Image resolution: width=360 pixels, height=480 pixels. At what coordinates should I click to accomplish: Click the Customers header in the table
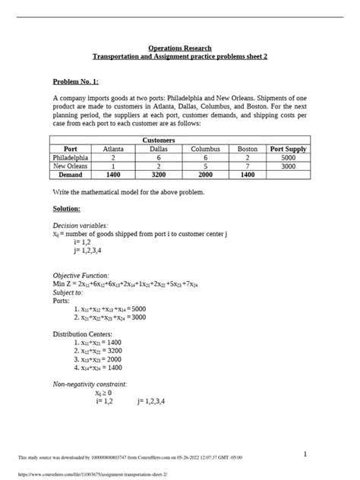pyautogui.click(x=179, y=141)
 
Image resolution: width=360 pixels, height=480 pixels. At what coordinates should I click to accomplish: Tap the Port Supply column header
pyautogui.click(x=288, y=149)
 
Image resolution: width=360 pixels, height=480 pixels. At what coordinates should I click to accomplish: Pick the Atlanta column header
pyautogui.click(x=112, y=149)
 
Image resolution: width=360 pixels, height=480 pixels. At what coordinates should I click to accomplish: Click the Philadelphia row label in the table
pyautogui.click(x=73, y=157)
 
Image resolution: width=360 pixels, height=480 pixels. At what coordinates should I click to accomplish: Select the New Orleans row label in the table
pyautogui.click(x=73, y=165)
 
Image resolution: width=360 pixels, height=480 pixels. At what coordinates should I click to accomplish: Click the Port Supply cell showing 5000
pyautogui.click(x=288, y=157)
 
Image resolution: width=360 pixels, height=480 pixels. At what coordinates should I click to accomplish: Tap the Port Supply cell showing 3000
pyautogui.click(x=288, y=165)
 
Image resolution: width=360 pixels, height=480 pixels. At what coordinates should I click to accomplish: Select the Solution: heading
pyautogui.click(x=67, y=208)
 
